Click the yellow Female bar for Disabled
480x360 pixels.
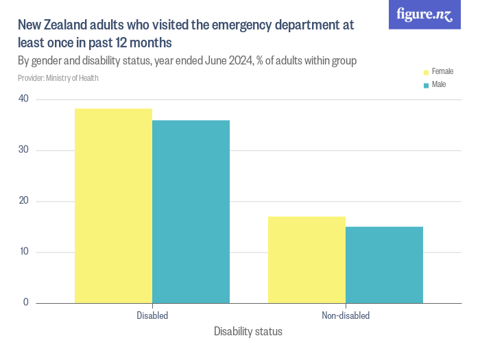coord(113,206)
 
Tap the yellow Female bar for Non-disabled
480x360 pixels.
coord(307,260)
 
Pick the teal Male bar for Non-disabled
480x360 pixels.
coord(384,265)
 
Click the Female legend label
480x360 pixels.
coord(442,71)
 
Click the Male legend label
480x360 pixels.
coord(439,85)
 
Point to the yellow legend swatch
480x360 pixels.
coord(426,72)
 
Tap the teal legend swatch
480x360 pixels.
coord(426,86)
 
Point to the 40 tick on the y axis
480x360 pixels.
coord(23,99)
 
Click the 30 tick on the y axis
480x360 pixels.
coord(23,150)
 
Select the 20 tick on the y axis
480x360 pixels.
coord(23,201)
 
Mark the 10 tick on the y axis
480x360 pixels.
coord(23,252)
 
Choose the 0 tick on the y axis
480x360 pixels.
coord(26,302)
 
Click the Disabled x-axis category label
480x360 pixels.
coord(152,316)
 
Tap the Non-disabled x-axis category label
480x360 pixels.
coord(346,316)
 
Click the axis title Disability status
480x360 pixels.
coord(248,332)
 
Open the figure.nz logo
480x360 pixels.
coord(424,14)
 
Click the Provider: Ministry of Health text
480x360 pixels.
coord(58,78)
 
